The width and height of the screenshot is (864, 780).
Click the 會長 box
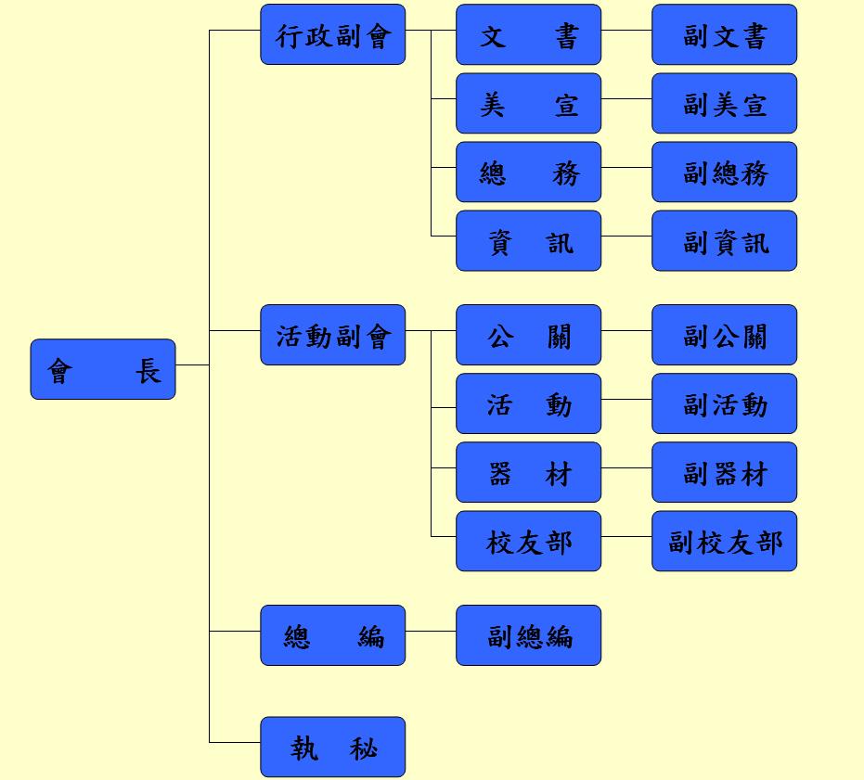[x=102, y=369]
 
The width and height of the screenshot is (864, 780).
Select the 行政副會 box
[x=332, y=34]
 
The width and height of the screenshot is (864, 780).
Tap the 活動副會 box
[x=332, y=335]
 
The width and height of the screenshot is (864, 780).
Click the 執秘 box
[x=332, y=747]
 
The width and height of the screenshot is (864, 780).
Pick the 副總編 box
[x=528, y=635]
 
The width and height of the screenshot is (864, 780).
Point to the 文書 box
[x=528, y=34]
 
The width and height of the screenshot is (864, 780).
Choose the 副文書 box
[x=724, y=34]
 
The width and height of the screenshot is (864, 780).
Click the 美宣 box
[x=528, y=103]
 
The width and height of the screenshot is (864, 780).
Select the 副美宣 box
[x=724, y=103]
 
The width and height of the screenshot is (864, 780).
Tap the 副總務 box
[x=724, y=172]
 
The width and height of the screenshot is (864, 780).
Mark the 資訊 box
[x=528, y=240]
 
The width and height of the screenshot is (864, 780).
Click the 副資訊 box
[x=724, y=240]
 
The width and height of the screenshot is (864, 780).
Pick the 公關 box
[x=528, y=335]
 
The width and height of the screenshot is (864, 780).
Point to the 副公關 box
[x=724, y=335]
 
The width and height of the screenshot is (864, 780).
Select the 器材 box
[x=528, y=472]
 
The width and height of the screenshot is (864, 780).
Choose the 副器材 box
[x=724, y=472]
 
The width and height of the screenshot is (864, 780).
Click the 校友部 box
[x=528, y=541]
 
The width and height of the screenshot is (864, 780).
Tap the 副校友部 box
[x=724, y=541]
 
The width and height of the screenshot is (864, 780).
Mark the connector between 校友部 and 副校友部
[x=626, y=536]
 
